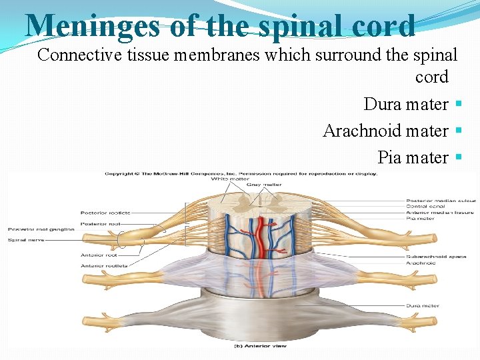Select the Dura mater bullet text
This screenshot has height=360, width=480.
pyautogui.click(x=405, y=105)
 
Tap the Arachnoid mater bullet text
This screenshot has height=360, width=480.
pyautogui.click(x=385, y=131)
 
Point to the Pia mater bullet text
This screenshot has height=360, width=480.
pyautogui.click(x=413, y=157)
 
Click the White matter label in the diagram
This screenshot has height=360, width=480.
pyautogui.click(x=230, y=179)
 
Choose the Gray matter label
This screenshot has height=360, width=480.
pyautogui.click(x=264, y=185)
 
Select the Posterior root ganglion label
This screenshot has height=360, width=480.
pyautogui.click(x=37, y=228)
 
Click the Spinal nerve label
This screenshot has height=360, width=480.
pyautogui.click(x=26, y=239)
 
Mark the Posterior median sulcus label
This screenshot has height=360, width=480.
pyautogui.click(x=440, y=201)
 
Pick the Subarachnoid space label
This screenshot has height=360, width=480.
pyautogui.click(x=436, y=257)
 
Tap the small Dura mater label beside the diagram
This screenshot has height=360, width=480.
pyautogui.click(x=423, y=306)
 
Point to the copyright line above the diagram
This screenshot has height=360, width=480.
pyautogui.click(x=241, y=173)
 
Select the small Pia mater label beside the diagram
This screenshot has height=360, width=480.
pyautogui.click(x=420, y=218)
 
